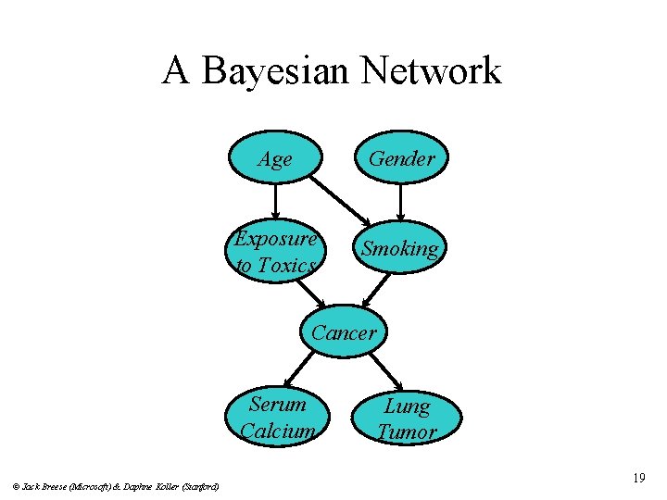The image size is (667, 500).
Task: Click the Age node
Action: (x=276, y=159)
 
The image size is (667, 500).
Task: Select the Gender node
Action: (x=401, y=159)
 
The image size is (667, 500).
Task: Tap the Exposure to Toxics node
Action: (x=276, y=252)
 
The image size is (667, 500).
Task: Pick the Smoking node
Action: (x=400, y=248)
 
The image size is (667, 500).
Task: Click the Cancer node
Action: (x=344, y=332)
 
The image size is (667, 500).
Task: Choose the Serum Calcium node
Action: (x=277, y=417)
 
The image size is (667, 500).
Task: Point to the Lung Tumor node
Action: (x=407, y=419)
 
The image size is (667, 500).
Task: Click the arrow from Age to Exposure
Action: (x=276, y=202)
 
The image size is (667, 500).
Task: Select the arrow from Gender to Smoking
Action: (x=401, y=202)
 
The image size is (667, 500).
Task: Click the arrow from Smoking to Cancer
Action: (x=374, y=290)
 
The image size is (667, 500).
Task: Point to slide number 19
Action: (x=638, y=478)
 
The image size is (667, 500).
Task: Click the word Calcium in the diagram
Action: (x=278, y=431)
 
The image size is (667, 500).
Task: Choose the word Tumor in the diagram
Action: (x=408, y=432)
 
